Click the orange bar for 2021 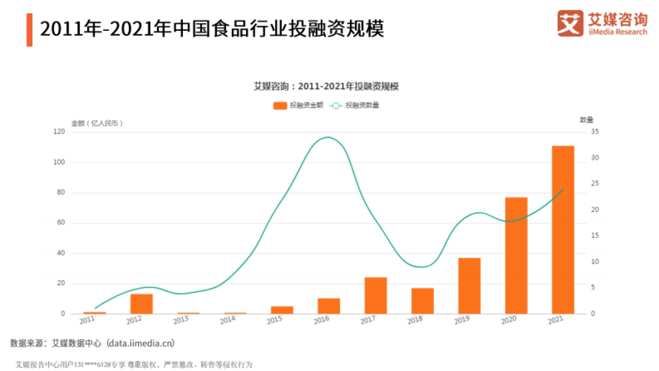(563, 230)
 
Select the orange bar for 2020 (516, 256)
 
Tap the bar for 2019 (470, 286)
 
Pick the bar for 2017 (376, 296)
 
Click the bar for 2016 (329, 306)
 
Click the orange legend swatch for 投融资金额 (280, 106)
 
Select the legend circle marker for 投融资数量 (336, 106)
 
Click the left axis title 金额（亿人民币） (97, 123)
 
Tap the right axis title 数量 (587, 119)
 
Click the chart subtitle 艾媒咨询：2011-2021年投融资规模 (326, 86)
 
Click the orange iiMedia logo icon (571, 23)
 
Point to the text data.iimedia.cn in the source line (141, 344)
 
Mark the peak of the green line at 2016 (328, 137)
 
